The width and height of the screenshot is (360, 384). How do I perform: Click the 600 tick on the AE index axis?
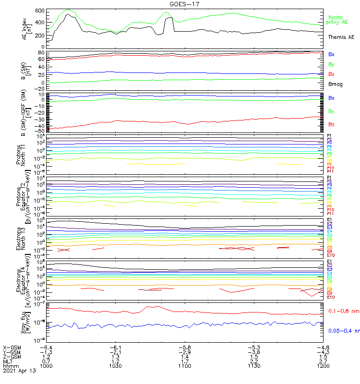tap(39, 11)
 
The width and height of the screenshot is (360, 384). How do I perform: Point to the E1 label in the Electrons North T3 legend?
tap(329, 220)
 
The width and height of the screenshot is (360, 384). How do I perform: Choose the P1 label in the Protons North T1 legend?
tap(329, 136)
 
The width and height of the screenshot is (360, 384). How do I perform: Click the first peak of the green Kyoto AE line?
tap(68, 9)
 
